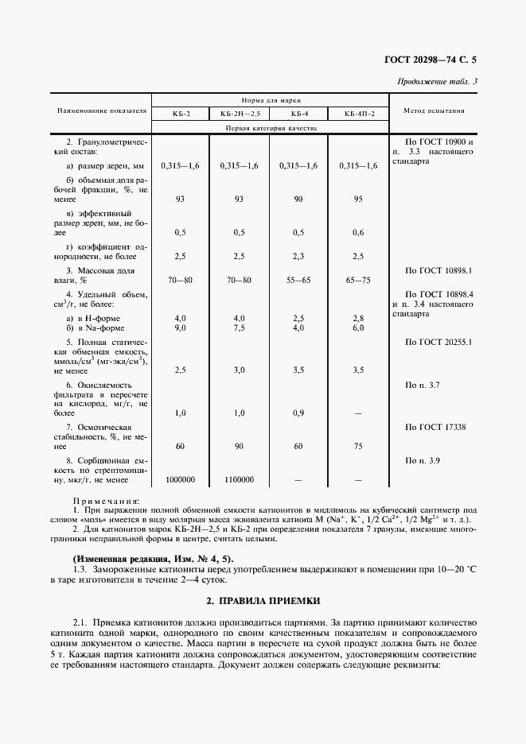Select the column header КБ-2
click(x=181, y=114)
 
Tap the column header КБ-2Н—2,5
click(x=239, y=114)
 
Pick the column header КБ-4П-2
click(x=358, y=114)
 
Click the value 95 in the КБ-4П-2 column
click(x=358, y=199)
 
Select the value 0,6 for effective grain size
click(x=358, y=232)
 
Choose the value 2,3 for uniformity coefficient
click(x=298, y=257)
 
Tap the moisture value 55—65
click(x=298, y=281)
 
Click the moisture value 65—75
click(x=358, y=281)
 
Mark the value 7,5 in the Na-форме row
click(x=239, y=327)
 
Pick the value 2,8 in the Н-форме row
click(x=358, y=318)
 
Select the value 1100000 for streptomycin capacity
click(x=239, y=479)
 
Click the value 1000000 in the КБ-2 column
click(x=181, y=479)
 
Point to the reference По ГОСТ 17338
click(x=434, y=427)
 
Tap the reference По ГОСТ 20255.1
click(x=438, y=342)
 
